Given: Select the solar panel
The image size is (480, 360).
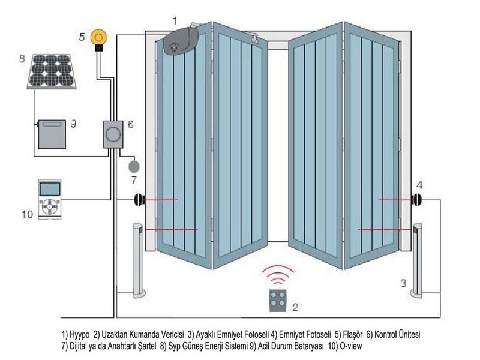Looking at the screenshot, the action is [x=52, y=71].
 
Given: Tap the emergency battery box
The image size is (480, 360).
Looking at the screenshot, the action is [x=52, y=134].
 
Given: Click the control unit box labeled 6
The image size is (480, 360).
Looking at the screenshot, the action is [x=113, y=134].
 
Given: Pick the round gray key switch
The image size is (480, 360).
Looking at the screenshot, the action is [x=134, y=167].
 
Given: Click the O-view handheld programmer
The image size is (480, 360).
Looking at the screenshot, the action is [x=50, y=199].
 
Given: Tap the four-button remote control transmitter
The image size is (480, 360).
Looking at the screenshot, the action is [x=278, y=301].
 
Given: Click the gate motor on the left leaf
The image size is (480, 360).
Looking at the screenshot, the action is [x=181, y=41].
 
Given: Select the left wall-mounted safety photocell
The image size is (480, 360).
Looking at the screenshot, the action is [x=139, y=200].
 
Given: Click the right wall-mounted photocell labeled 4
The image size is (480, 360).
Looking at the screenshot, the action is [x=416, y=200].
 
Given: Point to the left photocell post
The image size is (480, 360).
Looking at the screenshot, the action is [x=139, y=260].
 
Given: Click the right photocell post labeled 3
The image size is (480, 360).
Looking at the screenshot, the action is [x=416, y=260].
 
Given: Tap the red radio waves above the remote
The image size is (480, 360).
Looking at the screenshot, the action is [x=278, y=274].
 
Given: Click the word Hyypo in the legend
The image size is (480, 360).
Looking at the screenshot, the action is [x=80, y=334].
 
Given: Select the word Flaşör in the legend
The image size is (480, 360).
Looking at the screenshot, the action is [x=353, y=334].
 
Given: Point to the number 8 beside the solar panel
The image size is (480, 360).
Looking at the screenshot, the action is [x=22, y=58].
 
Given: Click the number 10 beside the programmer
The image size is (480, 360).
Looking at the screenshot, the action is [x=27, y=214].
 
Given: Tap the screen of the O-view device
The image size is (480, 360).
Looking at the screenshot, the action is [x=50, y=189].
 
